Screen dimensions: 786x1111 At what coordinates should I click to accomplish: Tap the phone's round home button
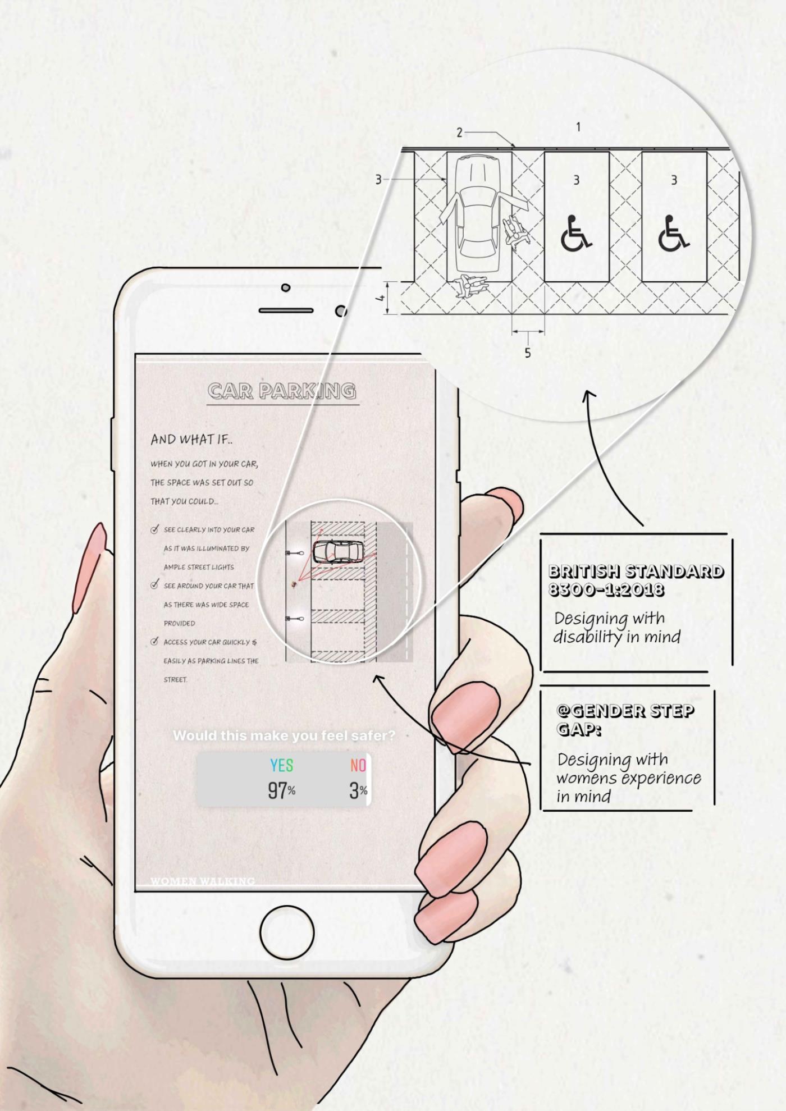(286, 937)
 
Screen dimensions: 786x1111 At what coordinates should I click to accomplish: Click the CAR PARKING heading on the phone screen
(281, 391)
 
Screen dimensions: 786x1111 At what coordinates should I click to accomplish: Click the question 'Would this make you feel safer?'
(284, 735)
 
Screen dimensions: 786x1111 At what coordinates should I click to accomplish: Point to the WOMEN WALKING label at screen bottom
(203, 881)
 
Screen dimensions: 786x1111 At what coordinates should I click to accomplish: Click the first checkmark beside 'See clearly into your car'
(154, 529)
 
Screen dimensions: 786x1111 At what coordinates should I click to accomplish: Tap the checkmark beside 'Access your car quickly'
(154, 642)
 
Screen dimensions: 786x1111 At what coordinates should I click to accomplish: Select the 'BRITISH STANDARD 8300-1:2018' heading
(636, 580)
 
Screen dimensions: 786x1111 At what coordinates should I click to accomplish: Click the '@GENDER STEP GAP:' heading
(624, 720)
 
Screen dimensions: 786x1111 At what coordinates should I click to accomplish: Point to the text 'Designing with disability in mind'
(616, 628)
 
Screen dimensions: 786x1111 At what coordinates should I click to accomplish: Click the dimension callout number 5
(527, 353)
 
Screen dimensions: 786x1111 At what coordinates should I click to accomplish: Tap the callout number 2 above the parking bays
(459, 132)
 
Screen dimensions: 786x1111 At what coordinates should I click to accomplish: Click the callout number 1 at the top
(578, 127)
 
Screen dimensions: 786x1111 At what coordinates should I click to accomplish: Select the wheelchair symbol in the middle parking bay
(575, 233)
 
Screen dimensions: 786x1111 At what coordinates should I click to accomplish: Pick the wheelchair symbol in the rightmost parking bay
(673, 233)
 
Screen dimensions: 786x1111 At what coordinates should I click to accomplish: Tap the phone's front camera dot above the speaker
(286, 288)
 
